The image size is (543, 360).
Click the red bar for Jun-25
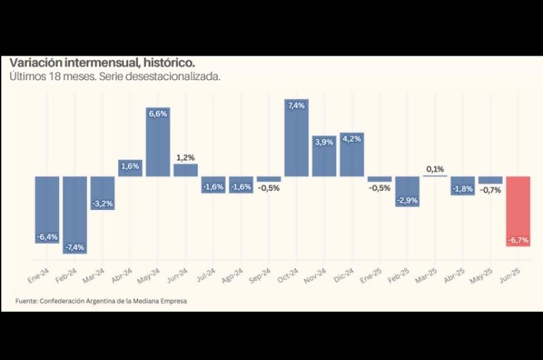point(518,211)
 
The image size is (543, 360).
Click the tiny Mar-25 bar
point(435,176)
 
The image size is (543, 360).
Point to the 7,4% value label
point(297,105)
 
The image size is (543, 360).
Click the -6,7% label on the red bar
point(518,240)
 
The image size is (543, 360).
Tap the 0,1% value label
point(435,168)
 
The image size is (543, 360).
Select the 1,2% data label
point(186,157)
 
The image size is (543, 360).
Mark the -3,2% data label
point(102,202)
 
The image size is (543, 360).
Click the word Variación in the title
point(35,62)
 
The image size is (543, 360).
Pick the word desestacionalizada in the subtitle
point(174,77)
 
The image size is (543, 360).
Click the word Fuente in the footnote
point(26,301)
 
